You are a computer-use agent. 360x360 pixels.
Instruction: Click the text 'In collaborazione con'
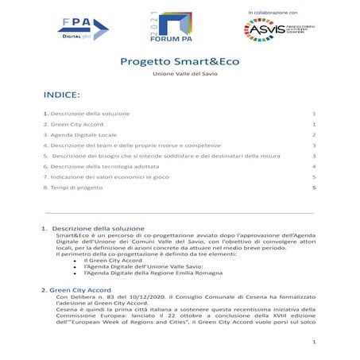tap(272, 13)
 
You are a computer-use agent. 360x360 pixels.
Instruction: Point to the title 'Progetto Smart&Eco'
tap(179, 62)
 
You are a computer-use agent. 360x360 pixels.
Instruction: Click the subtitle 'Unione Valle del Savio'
tap(180, 74)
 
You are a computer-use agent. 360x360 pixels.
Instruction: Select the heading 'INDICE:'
tap(62, 95)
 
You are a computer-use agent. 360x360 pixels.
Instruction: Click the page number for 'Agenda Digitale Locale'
tap(315, 136)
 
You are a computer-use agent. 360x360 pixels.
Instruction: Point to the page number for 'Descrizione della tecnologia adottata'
tap(315, 167)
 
